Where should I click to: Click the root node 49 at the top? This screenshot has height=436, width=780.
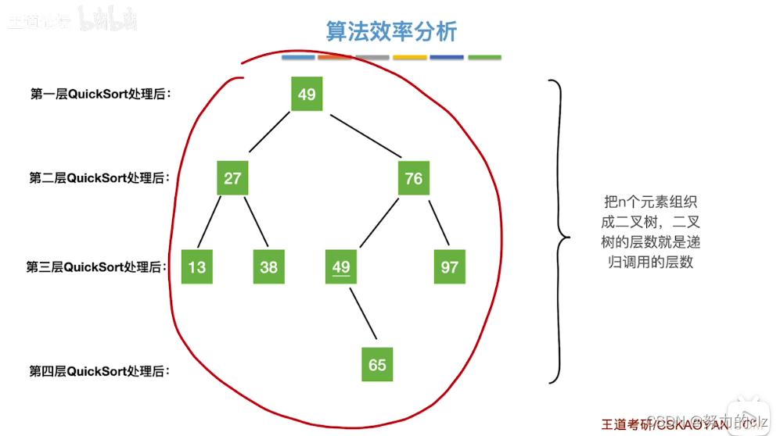[307, 94]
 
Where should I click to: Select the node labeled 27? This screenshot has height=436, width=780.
[232, 178]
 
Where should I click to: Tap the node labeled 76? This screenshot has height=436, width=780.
[413, 178]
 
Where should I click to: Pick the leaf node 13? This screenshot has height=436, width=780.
[196, 267]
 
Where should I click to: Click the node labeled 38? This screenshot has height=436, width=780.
[268, 267]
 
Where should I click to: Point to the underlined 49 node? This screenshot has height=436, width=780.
[341, 267]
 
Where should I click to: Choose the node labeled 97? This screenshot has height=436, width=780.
[449, 267]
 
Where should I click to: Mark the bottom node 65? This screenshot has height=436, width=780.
[377, 365]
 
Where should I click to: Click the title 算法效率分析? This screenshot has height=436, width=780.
[391, 31]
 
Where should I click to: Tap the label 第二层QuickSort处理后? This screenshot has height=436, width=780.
[100, 178]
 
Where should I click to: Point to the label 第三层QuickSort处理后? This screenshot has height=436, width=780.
[98, 267]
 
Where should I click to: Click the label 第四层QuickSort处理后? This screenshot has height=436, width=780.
[100, 371]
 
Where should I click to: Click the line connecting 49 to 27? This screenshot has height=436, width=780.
[269, 134]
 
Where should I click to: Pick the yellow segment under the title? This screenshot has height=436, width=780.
[409, 57]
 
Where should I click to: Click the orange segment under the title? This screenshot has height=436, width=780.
[335, 57]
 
